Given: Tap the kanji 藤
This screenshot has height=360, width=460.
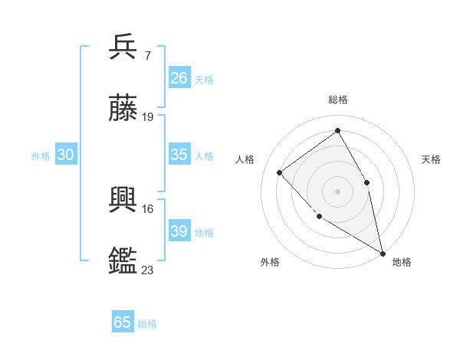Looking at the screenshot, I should click(123, 109).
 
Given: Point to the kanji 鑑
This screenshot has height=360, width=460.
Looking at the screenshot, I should click(123, 261).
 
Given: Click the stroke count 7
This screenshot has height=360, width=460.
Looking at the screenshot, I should click(147, 54).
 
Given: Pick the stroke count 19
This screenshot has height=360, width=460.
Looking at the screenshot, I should click(148, 117).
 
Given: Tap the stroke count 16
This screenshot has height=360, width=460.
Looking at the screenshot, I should click(148, 208).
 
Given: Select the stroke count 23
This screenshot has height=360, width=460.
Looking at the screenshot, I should click(148, 270).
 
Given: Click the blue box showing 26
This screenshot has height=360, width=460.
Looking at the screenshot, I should click(179, 78).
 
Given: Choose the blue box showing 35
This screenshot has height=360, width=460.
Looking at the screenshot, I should click(179, 155).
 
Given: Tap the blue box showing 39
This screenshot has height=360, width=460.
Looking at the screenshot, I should click(179, 231).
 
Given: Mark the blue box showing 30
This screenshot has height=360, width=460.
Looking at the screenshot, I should click(66, 155).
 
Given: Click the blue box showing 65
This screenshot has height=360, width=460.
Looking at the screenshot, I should click(123, 322).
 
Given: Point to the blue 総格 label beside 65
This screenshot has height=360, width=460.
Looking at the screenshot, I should click(147, 324).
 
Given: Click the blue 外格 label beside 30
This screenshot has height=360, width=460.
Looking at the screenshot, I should click(41, 156).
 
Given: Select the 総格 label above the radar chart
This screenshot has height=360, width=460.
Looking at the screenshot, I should click(337, 100).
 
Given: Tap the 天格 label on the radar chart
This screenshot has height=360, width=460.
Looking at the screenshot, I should click(431, 159).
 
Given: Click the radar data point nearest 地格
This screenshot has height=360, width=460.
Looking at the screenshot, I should click(383, 253).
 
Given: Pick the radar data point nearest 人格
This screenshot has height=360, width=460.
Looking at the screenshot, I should click(280, 172).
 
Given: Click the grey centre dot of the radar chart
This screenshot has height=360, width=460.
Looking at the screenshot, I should click(337, 191).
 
